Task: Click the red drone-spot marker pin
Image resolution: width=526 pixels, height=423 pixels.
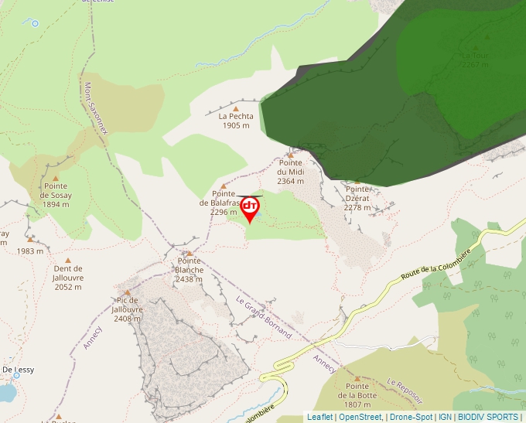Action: tap(250, 208)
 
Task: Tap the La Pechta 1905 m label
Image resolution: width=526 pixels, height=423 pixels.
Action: tap(236, 121)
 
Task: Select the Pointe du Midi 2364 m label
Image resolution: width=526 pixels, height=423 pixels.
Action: tap(290, 172)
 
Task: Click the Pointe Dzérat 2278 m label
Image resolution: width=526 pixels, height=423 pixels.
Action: tap(357, 198)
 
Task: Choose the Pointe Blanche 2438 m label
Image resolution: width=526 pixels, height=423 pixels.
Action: tap(189, 270)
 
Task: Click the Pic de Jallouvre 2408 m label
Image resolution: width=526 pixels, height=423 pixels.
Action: tap(127, 309)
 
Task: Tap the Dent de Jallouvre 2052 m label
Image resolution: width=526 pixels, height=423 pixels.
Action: tap(67, 278)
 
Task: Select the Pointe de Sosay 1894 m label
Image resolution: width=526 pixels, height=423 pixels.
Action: tap(55, 196)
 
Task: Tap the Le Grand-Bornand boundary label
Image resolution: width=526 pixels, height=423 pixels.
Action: tap(264, 318)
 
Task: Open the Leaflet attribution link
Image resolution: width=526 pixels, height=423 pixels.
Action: tap(320, 417)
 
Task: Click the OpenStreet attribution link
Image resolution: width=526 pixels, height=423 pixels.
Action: tap(360, 417)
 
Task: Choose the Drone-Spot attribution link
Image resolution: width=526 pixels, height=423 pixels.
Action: tap(411, 417)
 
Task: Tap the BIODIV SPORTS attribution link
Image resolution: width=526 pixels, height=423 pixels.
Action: tap(487, 417)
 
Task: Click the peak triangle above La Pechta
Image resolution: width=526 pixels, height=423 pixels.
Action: tap(236, 108)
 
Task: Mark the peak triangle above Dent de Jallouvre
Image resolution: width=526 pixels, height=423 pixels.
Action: tap(67, 261)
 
